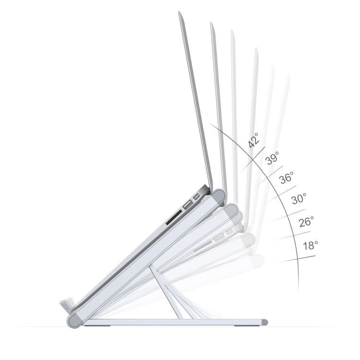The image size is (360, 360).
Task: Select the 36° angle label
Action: click(287, 178)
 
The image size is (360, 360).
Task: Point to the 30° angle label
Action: click(299, 199)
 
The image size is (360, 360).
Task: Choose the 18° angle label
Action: click(310, 246)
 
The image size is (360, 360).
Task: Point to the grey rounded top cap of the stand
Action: click(219, 196)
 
